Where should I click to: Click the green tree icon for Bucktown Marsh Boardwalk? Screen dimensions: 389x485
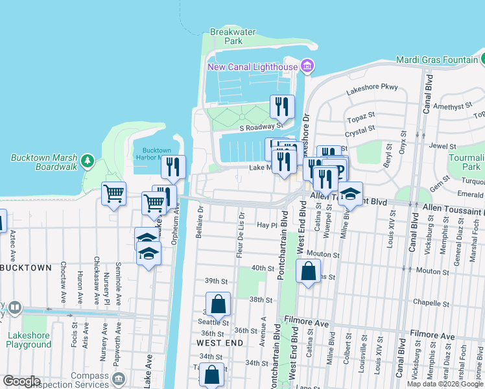click(x=87, y=159)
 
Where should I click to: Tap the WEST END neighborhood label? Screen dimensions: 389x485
click(x=220, y=342)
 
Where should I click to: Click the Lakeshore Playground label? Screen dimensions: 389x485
click(x=29, y=340)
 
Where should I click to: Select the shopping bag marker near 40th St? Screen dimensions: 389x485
click(x=308, y=270)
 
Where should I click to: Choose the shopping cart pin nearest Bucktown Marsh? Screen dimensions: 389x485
click(x=113, y=194)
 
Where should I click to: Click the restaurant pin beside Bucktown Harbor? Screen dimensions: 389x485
click(x=173, y=167)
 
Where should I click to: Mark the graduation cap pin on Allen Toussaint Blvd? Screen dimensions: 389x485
click(x=350, y=194)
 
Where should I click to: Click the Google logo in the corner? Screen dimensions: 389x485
click(x=22, y=381)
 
